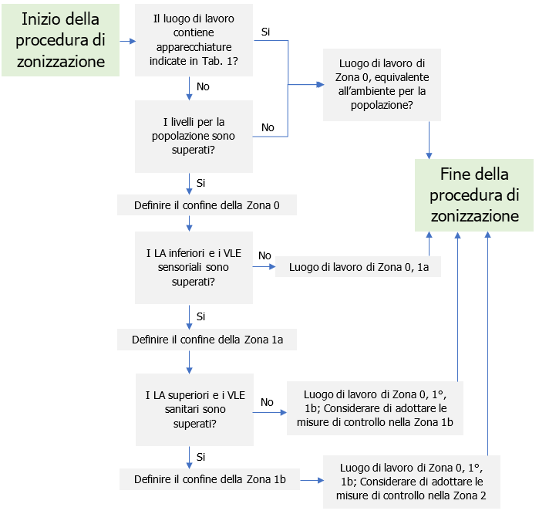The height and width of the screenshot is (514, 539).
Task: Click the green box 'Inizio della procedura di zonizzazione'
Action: (60, 40)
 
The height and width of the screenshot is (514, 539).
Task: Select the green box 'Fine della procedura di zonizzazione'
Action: (474, 194)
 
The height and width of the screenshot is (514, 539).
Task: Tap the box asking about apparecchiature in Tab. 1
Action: (194, 41)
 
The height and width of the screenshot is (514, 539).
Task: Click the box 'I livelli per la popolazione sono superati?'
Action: (194, 136)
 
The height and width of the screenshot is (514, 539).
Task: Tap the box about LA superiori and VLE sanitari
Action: (194, 410)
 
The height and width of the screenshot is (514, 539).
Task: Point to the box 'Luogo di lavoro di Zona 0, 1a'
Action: (359, 267)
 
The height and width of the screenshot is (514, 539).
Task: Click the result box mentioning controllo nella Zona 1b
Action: (375, 407)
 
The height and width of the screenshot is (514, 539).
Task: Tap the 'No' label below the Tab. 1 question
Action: (203, 87)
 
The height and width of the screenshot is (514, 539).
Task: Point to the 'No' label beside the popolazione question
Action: (268, 127)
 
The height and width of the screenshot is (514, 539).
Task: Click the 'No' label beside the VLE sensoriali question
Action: (264, 255)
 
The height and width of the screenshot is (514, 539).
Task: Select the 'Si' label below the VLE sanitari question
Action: (201, 457)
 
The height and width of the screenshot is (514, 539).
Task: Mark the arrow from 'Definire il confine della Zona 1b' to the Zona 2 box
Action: (310, 479)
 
